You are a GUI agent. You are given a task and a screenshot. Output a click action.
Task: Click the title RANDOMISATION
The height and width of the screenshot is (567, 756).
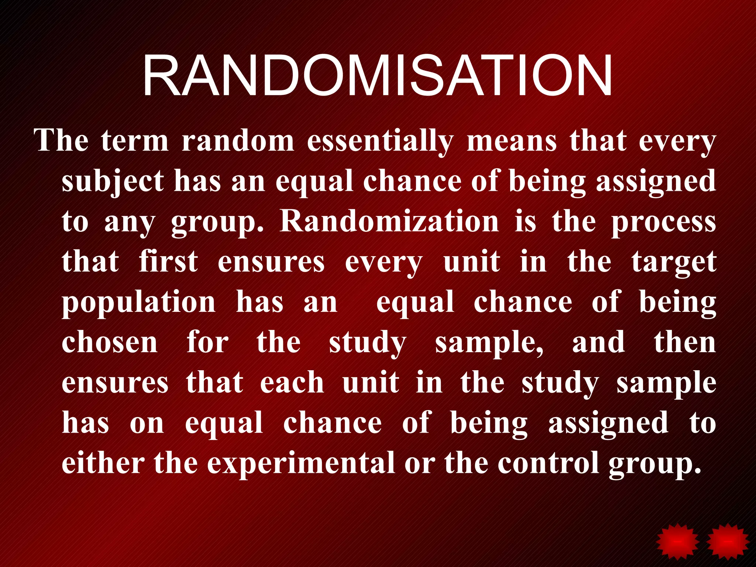tap(378, 76)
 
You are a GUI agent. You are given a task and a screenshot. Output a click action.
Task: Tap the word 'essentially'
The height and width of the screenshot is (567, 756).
tap(380, 141)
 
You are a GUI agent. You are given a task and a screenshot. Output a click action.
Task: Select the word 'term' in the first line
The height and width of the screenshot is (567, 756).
tap(135, 141)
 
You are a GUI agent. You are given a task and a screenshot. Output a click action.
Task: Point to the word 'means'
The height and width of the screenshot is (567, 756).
tap(512, 141)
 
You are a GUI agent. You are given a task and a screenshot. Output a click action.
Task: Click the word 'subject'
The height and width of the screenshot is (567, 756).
tap(113, 182)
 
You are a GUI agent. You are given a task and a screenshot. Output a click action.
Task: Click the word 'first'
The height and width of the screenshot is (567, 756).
tap(168, 262)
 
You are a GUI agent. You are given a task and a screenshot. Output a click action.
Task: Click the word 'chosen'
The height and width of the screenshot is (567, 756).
tap(110, 343)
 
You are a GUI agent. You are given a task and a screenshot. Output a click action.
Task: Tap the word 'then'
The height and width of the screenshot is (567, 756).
tap(685, 343)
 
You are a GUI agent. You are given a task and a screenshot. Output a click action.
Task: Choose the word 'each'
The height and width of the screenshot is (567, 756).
tap(292, 383)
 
